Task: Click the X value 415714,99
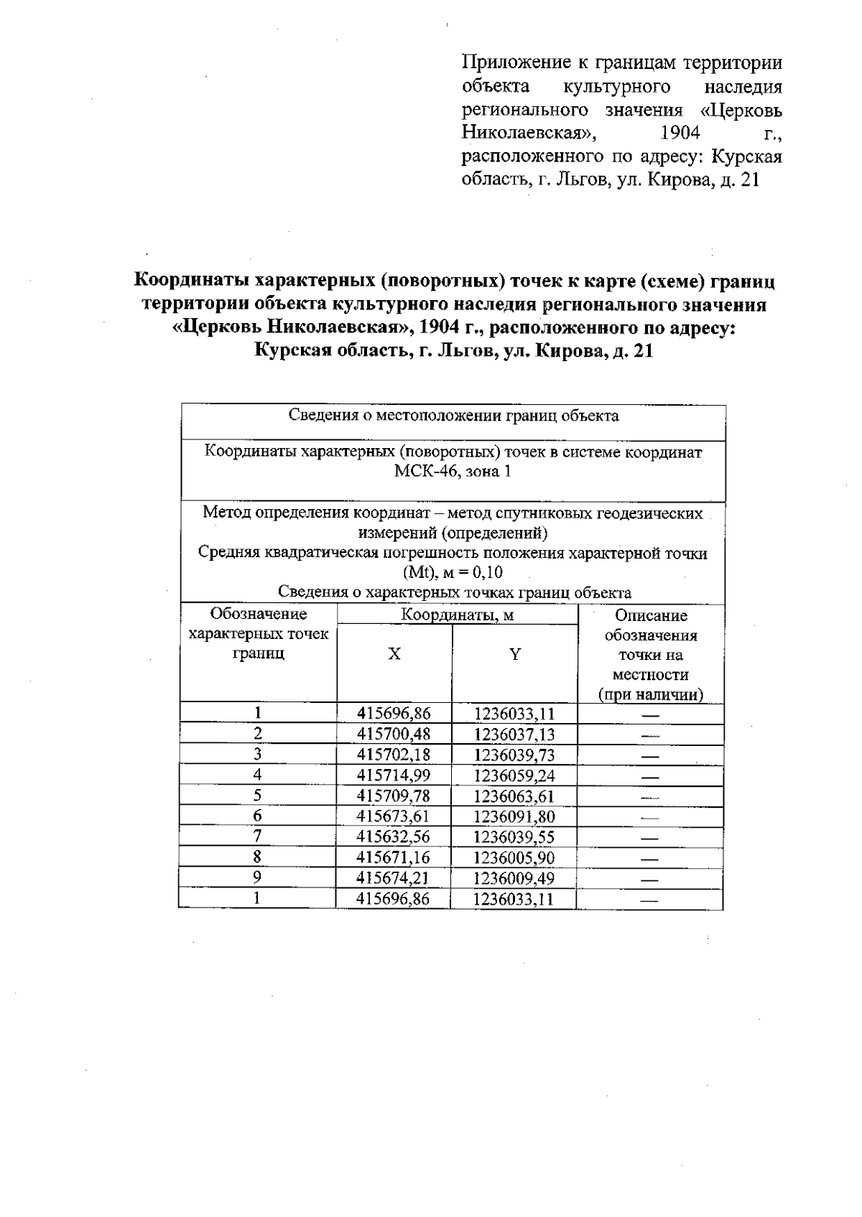click(x=394, y=775)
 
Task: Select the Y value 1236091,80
click(x=514, y=817)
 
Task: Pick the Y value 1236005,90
click(x=514, y=858)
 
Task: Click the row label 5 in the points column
click(x=257, y=795)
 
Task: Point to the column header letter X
click(x=394, y=654)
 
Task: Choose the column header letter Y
click(x=515, y=654)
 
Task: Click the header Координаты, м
click(x=457, y=615)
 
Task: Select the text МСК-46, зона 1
click(x=453, y=472)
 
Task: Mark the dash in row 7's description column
click(x=650, y=838)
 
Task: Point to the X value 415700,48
click(x=394, y=734)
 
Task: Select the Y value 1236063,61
click(x=514, y=796)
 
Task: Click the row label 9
click(x=257, y=877)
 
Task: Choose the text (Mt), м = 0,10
click(x=453, y=573)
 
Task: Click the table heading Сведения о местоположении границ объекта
click(x=453, y=416)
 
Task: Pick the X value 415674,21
click(x=394, y=879)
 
